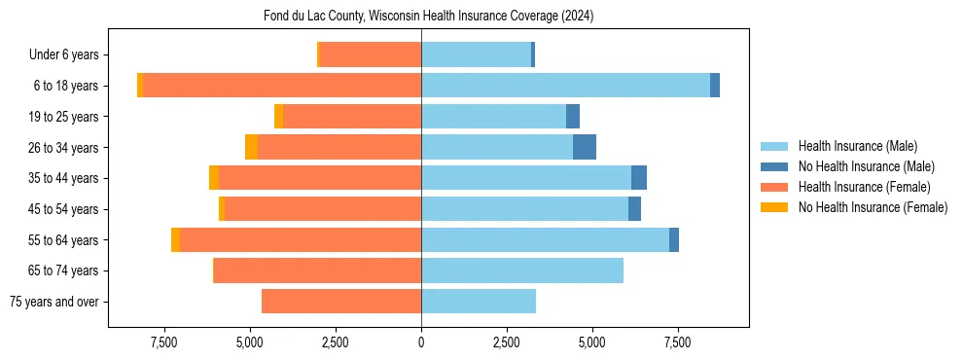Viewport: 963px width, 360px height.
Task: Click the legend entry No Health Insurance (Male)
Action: pyautogui.click(x=866, y=166)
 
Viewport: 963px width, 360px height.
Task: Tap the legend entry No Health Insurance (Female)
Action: pyautogui.click(x=873, y=207)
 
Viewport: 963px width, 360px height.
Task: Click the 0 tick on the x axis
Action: pyautogui.click(x=421, y=342)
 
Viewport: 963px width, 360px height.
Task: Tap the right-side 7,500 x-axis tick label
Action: pyautogui.click(x=677, y=342)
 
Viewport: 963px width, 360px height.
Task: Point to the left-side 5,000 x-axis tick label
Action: pyautogui.click(x=250, y=342)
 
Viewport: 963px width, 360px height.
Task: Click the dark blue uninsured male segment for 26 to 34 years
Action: pyautogui.click(x=585, y=147)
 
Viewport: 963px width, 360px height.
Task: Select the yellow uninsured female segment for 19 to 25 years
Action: pyautogui.click(x=279, y=117)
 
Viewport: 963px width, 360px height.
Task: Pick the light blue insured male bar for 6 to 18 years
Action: pyautogui.click(x=565, y=86)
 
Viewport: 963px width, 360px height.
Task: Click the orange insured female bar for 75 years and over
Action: pyautogui.click(x=341, y=302)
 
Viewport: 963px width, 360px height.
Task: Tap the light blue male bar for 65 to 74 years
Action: pyautogui.click(x=522, y=270)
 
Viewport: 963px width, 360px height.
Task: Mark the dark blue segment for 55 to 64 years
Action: pyautogui.click(x=674, y=240)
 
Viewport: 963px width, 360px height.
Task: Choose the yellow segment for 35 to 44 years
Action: pyautogui.click(x=214, y=178)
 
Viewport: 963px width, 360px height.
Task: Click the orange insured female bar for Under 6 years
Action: pyautogui.click(x=371, y=55)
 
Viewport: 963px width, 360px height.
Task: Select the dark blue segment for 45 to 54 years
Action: pyautogui.click(x=634, y=209)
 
